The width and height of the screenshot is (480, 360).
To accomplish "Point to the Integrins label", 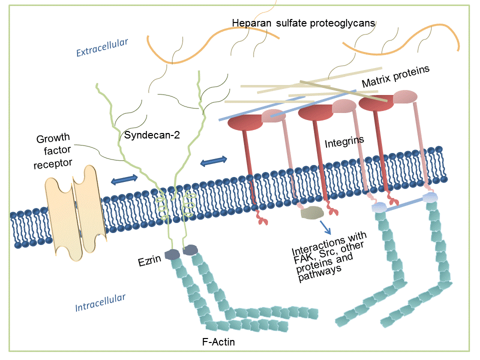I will tap(344, 143).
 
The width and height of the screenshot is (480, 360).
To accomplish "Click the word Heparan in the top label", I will tap(249, 23).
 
